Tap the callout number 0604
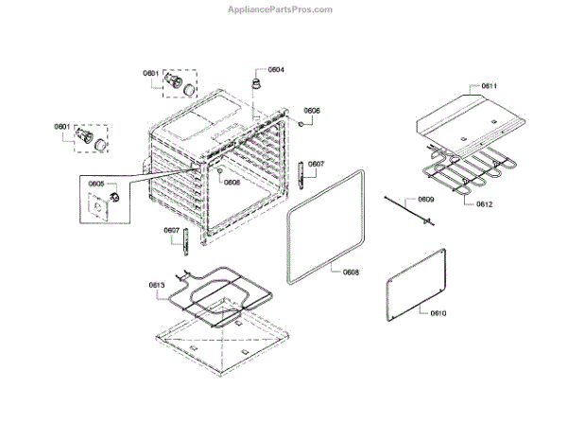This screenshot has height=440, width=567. (276, 70)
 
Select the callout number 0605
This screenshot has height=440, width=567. (96, 184)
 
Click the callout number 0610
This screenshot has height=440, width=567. (438, 313)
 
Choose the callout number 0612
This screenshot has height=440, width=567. (484, 204)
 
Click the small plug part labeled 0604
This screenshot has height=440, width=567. (254, 85)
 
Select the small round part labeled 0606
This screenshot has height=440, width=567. (299, 122)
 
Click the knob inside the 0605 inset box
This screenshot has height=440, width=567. (112, 196)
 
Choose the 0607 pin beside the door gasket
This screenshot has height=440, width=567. (301, 174)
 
